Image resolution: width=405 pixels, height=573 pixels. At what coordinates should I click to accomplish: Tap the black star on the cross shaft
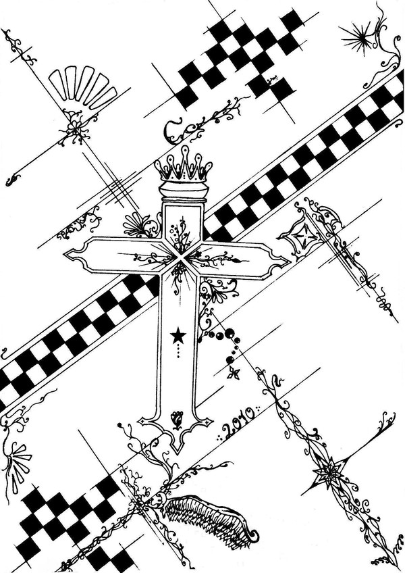click(x=178, y=335)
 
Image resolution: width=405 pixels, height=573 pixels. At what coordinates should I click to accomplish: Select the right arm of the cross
click(x=238, y=259)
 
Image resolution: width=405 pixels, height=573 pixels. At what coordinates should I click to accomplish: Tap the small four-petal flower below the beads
click(x=234, y=374)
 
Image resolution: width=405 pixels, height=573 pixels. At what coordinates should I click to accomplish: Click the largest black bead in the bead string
click(x=230, y=332)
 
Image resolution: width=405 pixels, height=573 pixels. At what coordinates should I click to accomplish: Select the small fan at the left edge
click(x=18, y=465)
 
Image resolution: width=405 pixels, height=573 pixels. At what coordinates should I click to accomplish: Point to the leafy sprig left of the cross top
click(x=140, y=226)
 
